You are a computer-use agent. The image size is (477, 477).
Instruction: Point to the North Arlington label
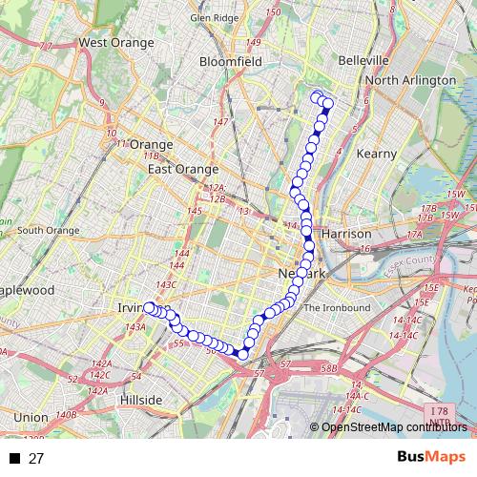410,80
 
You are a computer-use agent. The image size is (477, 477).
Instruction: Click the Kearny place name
375,153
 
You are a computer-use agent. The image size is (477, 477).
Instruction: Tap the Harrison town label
346,233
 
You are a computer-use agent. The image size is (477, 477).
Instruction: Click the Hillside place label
140,399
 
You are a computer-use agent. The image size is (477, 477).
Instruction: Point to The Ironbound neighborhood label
336,307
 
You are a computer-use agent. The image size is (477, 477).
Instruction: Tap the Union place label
31,417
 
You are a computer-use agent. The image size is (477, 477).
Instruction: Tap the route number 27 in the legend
36,458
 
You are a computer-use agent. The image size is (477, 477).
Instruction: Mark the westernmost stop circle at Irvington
149,307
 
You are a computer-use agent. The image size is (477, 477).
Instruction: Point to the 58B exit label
329,367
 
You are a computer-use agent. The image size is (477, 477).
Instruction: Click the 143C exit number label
167,284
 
